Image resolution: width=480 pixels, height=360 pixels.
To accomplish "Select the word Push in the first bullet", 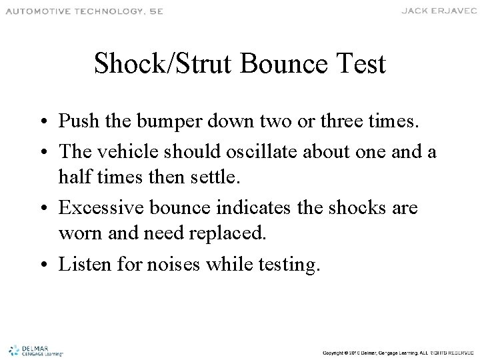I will [76, 123].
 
